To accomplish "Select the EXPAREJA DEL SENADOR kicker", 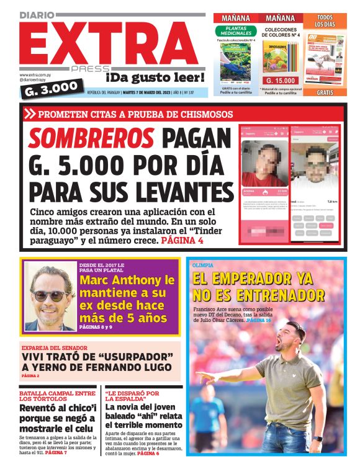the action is (x=55, y=347).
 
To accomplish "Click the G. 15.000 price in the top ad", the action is (x=281, y=81).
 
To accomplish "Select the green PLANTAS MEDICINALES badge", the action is (x=236, y=31).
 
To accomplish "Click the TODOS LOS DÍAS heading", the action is (x=325, y=21).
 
